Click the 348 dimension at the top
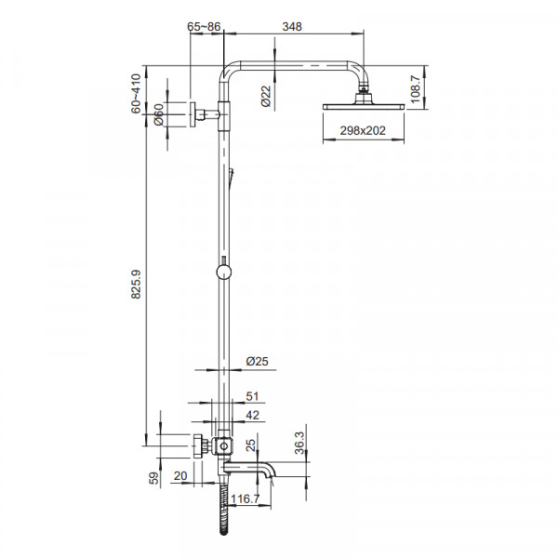292,27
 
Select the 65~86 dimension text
204,27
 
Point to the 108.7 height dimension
415,89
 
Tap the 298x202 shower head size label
363,130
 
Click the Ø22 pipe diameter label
266,96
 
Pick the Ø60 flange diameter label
159,114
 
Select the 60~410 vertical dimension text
136,94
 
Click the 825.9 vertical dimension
136,284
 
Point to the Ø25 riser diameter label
257,361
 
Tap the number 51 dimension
252,396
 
